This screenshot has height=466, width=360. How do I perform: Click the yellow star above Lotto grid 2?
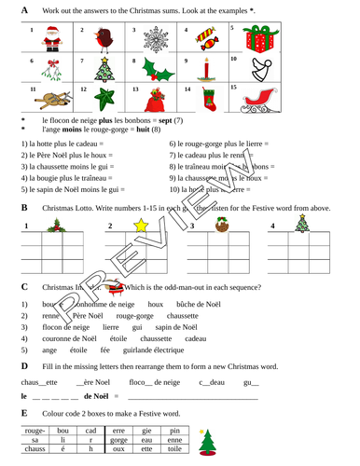coord(143,225)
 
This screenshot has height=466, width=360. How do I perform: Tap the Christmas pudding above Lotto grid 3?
coord(223,225)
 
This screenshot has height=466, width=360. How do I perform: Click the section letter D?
coord(23,366)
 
